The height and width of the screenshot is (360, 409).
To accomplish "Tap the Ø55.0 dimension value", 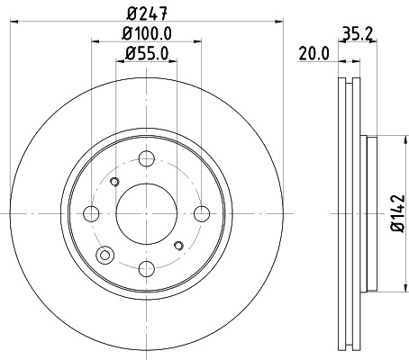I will coord(145,54).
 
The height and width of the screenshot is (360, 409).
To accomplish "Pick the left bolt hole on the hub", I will coord(91,213).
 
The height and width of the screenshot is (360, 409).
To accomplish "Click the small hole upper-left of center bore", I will coord(114,183).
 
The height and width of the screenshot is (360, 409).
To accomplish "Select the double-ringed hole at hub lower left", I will coord(105,256).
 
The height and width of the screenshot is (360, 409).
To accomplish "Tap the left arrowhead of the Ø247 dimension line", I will coord(11,25).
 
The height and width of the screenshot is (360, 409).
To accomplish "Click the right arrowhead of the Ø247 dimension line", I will coord(280,25).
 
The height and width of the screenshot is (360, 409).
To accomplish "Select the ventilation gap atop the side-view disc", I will coord(348,85).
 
